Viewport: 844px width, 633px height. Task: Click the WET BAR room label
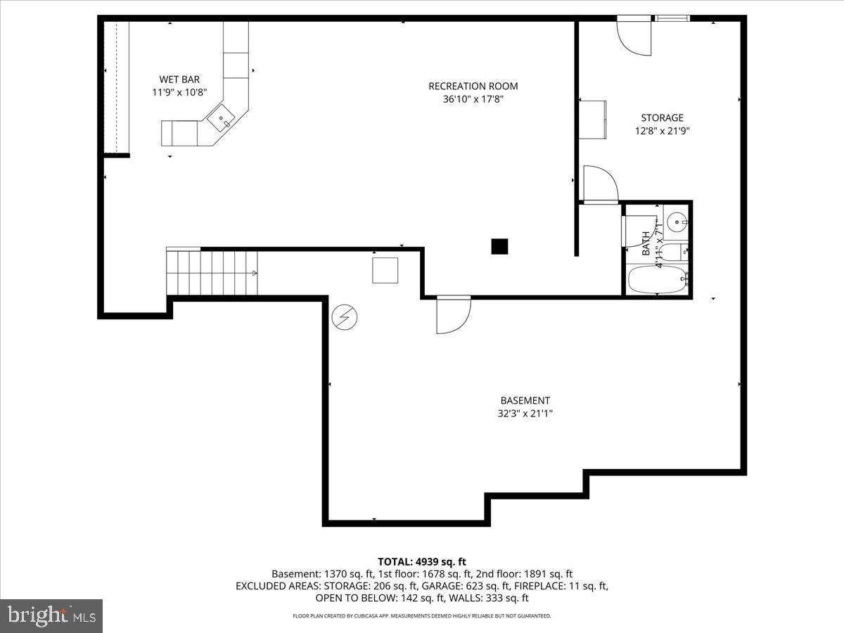[x=179, y=79]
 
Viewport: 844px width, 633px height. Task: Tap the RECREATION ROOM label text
[x=473, y=87]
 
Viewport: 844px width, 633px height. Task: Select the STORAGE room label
[x=661, y=118]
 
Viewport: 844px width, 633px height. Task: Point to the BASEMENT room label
[x=525, y=401]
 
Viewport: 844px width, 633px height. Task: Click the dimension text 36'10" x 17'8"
[x=473, y=100]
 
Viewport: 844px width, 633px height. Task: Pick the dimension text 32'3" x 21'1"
[x=525, y=414]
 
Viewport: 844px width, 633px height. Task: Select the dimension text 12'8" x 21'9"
[x=661, y=131]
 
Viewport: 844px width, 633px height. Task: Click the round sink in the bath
[x=678, y=222]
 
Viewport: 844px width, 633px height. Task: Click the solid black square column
[x=499, y=246]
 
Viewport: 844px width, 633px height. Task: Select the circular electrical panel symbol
[x=344, y=317]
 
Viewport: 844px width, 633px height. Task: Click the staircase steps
[x=212, y=273]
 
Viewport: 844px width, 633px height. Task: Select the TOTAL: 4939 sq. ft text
[x=422, y=561]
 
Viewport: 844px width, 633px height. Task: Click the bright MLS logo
[x=51, y=616]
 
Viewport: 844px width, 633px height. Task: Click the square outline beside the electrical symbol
[x=385, y=271]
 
